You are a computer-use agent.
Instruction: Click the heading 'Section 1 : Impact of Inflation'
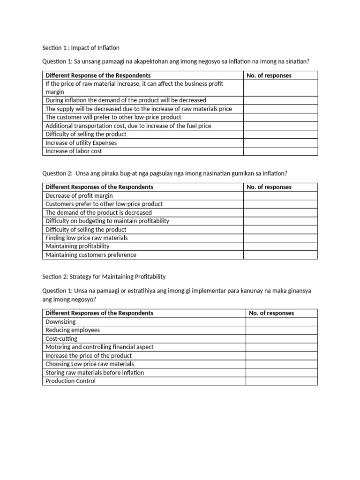point(81,48)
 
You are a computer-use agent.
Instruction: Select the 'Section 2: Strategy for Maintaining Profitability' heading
point(104,277)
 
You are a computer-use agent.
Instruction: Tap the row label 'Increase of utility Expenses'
point(81,143)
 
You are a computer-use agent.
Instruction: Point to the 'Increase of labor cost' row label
point(74,151)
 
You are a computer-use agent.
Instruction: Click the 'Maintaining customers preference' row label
point(91,255)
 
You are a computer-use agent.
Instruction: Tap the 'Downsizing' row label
point(60,322)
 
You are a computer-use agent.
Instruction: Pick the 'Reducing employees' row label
point(73,330)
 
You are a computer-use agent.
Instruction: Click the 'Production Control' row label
point(70,381)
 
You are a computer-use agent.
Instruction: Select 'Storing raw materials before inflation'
point(95,373)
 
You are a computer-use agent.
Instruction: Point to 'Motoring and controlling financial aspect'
point(99,347)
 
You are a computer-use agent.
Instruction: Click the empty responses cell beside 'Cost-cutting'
point(281,338)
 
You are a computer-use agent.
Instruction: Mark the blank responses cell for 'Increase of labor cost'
point(280,151)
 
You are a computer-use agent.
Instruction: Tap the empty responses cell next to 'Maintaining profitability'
point(280,246)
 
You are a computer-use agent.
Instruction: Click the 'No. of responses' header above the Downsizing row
point(271,313)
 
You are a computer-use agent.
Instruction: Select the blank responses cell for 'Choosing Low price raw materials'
point(281,364)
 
